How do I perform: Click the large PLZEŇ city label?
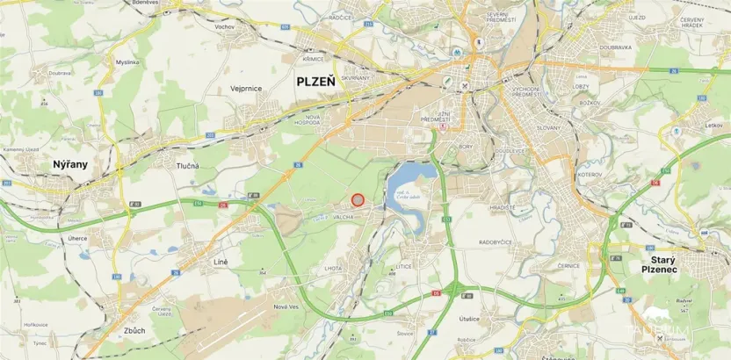point(315,81)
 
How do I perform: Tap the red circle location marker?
point(358,200)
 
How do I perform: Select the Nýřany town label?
point(69,164)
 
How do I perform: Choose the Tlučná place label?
point(186,166)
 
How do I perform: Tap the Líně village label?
point(221,262)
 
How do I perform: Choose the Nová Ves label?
point(287,306)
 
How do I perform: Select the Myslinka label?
point(127,62)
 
